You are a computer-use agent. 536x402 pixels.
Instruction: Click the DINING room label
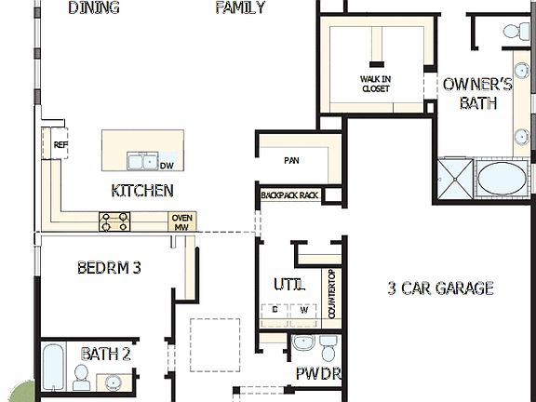[x=94, y=8]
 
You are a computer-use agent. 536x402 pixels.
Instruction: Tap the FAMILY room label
[x=240, y=8]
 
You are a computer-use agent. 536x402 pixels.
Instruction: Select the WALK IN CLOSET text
[x=375, y=84]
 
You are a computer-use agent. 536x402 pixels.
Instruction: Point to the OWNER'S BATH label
[x=477, y=93]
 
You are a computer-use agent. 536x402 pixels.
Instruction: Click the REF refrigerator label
[x=60, y=144]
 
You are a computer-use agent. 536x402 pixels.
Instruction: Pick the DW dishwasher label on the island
[x=167, y=166]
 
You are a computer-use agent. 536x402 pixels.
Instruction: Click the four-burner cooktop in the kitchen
[x=115, y=221]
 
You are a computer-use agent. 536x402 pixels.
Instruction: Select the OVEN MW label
[x=181, y=221]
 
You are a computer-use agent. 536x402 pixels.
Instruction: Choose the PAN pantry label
[x=291, y=160]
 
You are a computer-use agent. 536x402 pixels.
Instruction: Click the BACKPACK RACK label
[x=289, y=195]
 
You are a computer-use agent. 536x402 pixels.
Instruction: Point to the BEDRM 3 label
[x=108, y=268]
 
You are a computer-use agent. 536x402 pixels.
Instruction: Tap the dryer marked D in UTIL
[x=275, y=309]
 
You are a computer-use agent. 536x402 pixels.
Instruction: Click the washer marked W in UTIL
[x=302, y=309]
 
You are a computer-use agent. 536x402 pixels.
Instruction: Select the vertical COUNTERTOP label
[x=332, y=294]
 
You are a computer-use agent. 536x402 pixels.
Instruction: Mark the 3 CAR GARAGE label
[x=440, y=288]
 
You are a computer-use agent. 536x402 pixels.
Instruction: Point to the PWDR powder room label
[x=318, y=374]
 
